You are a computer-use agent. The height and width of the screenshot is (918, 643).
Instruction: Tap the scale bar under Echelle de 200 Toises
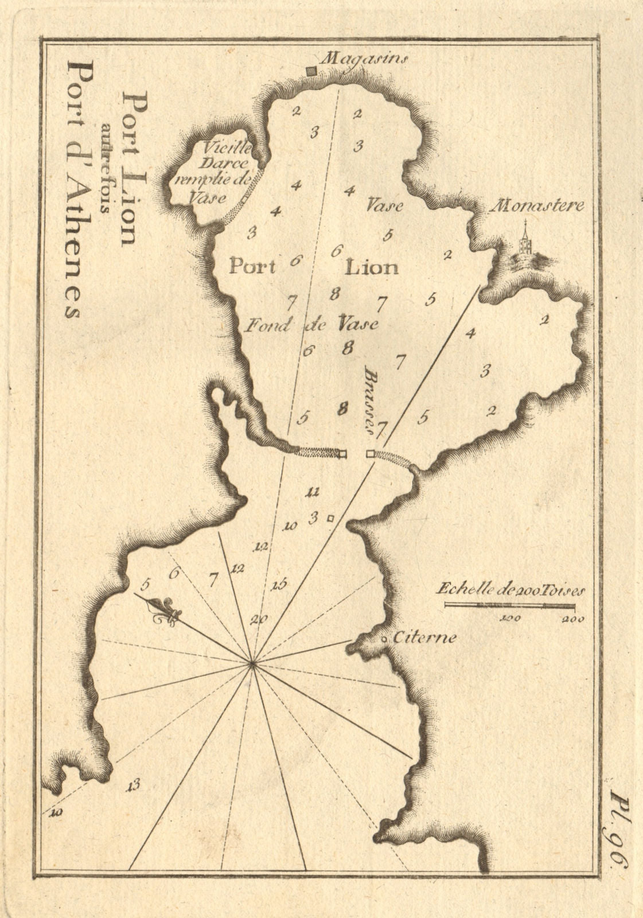pyautogui.click(x=510, y=605)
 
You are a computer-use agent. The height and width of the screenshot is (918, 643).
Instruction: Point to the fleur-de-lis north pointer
pyautogui.click(x=166, y=612)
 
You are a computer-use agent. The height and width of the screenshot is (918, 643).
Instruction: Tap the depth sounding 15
pyautogui.click(x=279, y=585)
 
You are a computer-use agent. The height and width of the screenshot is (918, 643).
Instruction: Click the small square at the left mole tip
pyautogui.click(x=343, y=454)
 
